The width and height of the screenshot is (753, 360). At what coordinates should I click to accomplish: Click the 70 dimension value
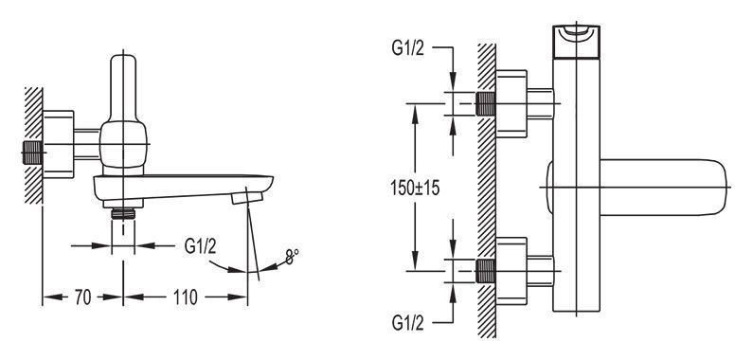click(x=82, y=297)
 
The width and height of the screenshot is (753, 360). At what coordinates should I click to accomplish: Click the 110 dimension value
click(x=186, y=297)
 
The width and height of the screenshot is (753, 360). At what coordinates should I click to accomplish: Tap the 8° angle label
click(x=291, y=257)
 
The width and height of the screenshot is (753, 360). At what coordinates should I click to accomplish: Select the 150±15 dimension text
click(x=416, y=189)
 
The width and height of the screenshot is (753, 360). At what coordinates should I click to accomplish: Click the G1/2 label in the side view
click(x=200, y=246)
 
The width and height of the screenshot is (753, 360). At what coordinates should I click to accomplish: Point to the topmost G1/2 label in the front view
click(x=408, y=48)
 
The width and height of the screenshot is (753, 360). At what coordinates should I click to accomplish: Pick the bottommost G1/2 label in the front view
click(x=408, y=323)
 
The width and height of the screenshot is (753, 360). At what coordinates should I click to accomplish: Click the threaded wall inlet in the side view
click(x=32, y=153)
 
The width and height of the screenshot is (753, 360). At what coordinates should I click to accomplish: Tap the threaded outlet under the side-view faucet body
click(x=123, y=213)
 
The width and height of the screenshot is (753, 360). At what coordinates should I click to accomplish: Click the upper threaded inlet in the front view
click(x=486, y=103)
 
